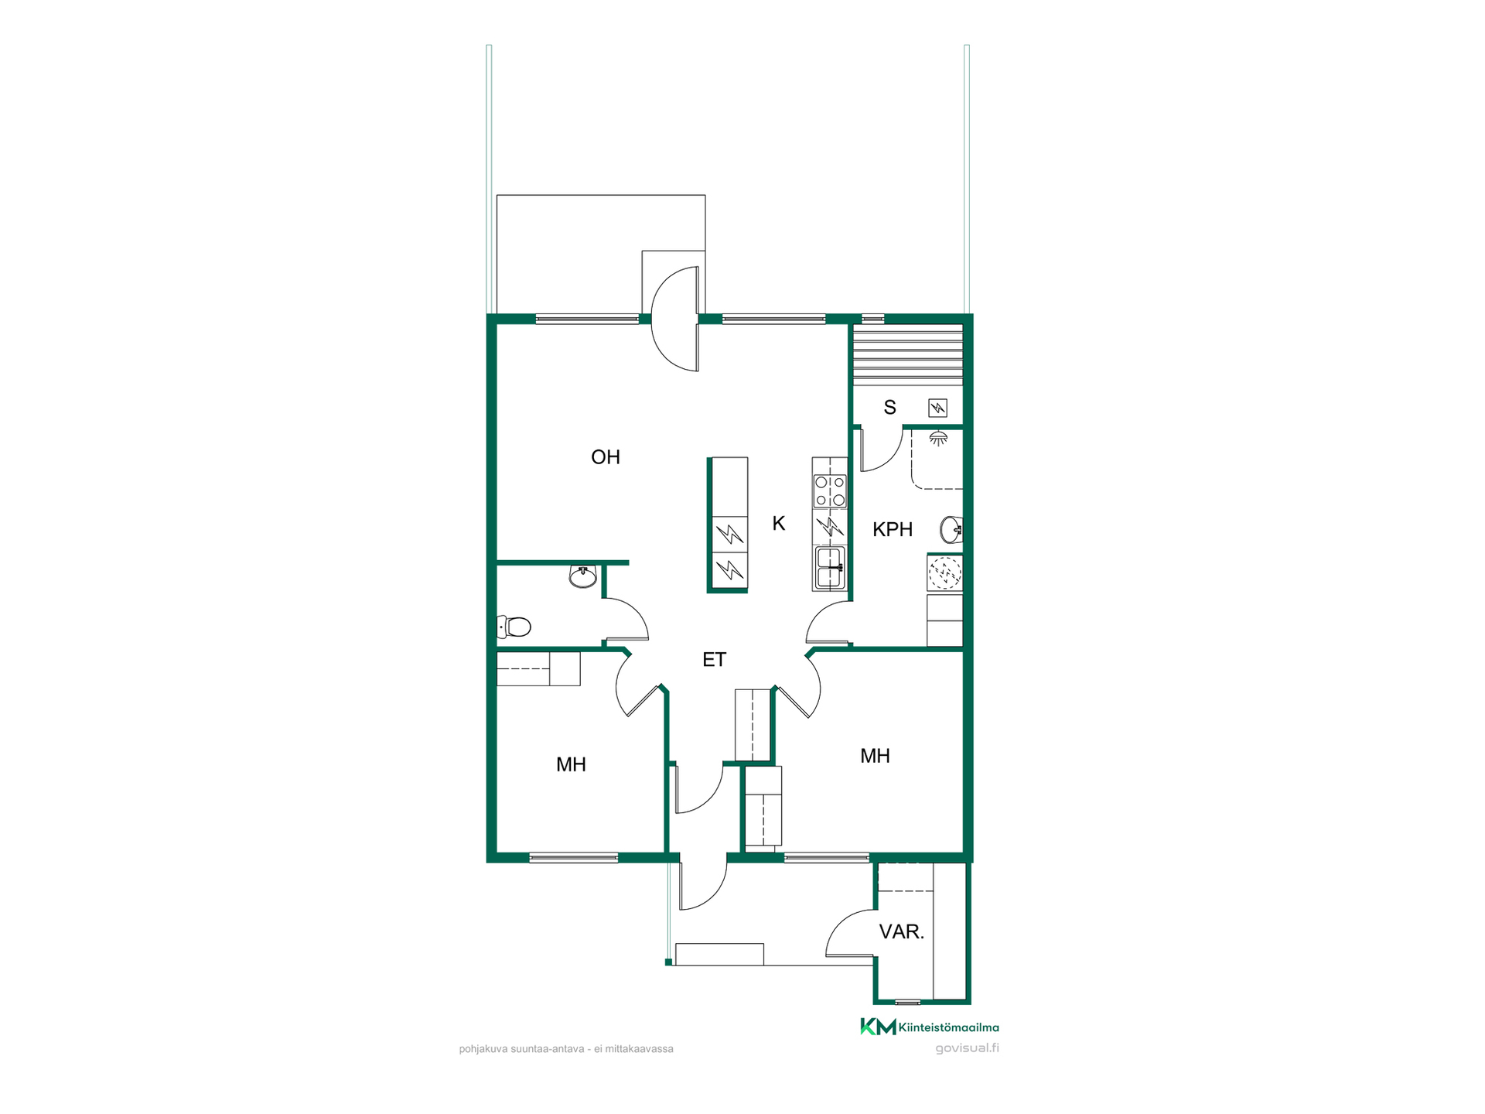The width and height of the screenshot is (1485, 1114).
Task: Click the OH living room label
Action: tap(605, 457)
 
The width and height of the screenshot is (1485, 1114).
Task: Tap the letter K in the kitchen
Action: tap(779, 524)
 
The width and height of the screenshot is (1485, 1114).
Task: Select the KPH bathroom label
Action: tap(893, 530)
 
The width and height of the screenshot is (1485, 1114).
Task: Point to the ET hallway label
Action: tap(714, 660)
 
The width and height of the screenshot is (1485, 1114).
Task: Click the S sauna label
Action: tap(890, 408)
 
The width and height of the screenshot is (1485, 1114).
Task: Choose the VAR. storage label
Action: tap(902, 932)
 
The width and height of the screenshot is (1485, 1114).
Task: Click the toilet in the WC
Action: tap(514, 627)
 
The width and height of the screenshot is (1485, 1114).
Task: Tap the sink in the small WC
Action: tap(582, 576)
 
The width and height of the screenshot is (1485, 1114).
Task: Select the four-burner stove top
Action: tap(830, 491)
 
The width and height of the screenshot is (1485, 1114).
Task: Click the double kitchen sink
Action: tap(830, 568)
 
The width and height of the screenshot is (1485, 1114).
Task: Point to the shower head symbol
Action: tap(938, 439)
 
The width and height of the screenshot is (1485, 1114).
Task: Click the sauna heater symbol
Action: tap(937, 408)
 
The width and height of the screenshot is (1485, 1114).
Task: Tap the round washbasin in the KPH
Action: tap(951, 530)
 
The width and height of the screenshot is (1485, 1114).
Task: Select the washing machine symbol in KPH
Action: tap(944, 573)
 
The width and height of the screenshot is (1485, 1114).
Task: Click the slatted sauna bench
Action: tap(907, 354)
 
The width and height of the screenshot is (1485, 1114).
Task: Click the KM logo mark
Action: tap(878, 1027)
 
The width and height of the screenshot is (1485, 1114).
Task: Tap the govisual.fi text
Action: tap(967, 1048)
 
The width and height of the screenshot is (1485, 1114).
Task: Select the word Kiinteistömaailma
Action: tap(949, 1027)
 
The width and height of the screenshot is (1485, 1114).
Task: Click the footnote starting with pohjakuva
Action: tap(566, 1049)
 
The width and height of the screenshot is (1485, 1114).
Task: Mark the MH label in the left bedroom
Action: tap(571, 765)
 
